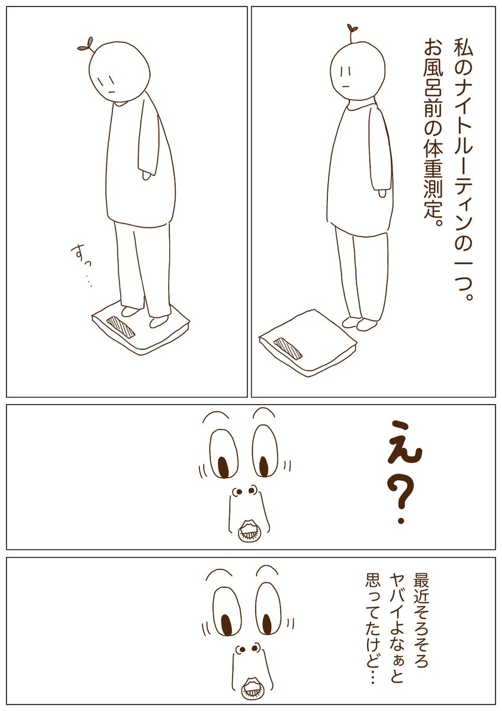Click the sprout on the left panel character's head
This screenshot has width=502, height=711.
click(x=86, y=45)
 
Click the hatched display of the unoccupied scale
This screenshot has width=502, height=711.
click(x=288, y=349)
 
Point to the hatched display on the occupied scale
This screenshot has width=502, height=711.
click(x=121, y=327)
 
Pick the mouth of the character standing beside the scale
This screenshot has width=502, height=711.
click(x=347, y=85)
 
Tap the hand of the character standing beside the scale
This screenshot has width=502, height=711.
click(x=382, y=193)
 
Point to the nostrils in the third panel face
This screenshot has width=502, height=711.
click(x=244, y=491)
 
